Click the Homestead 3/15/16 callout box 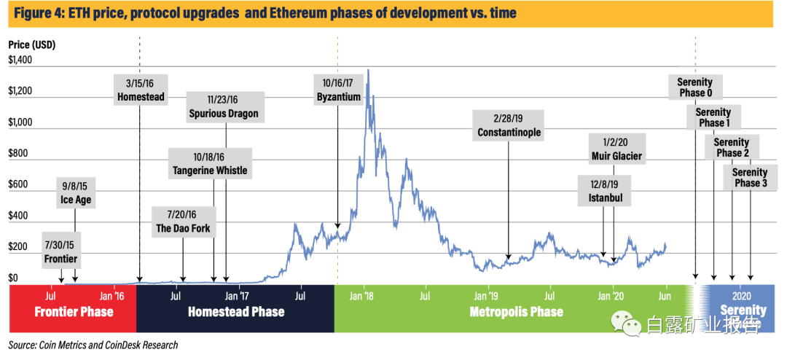[141, 89]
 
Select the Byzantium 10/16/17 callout [338, 89]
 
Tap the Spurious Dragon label [224, 106]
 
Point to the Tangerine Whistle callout [210, 163]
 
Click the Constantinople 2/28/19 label [509, 125]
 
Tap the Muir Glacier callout [616, 148]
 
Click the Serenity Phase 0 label [695, 87]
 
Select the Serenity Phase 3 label [750, 177]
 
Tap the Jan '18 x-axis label [363, 296]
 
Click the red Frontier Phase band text [74, 312]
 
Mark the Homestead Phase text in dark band [235, 312]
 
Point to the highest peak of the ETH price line [369, 70]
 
